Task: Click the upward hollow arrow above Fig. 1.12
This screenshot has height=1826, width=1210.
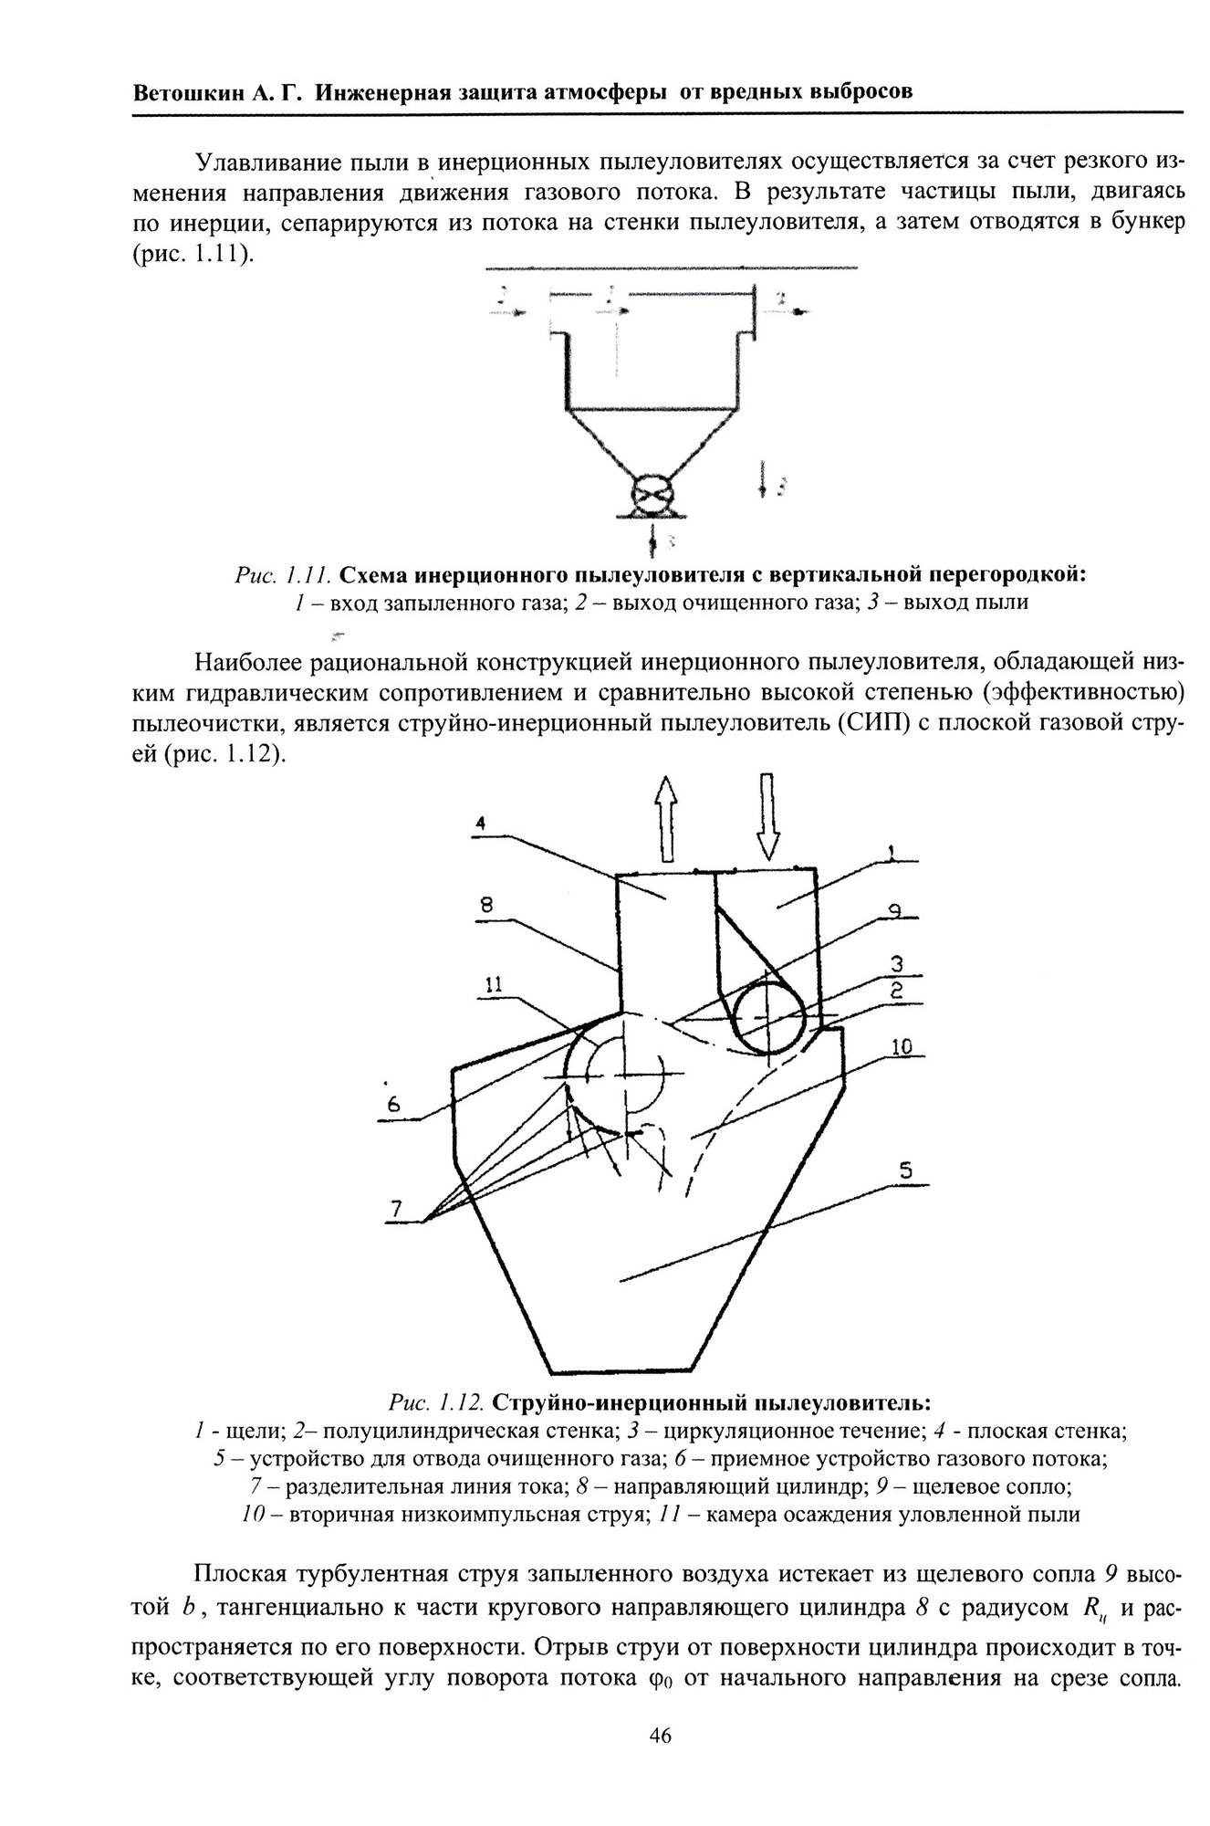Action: tap(667, 817)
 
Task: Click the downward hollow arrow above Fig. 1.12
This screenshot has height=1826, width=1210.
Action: tap(767, 815)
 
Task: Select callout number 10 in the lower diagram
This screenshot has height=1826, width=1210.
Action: tap(901, 1047)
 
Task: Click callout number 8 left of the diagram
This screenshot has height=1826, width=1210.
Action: tap(485, 905)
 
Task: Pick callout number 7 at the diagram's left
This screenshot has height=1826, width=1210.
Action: tap(395, 1209)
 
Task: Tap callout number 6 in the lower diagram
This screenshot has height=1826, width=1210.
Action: tap(393, 1104)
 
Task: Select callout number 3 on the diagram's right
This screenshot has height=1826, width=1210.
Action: tap(898, 964)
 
